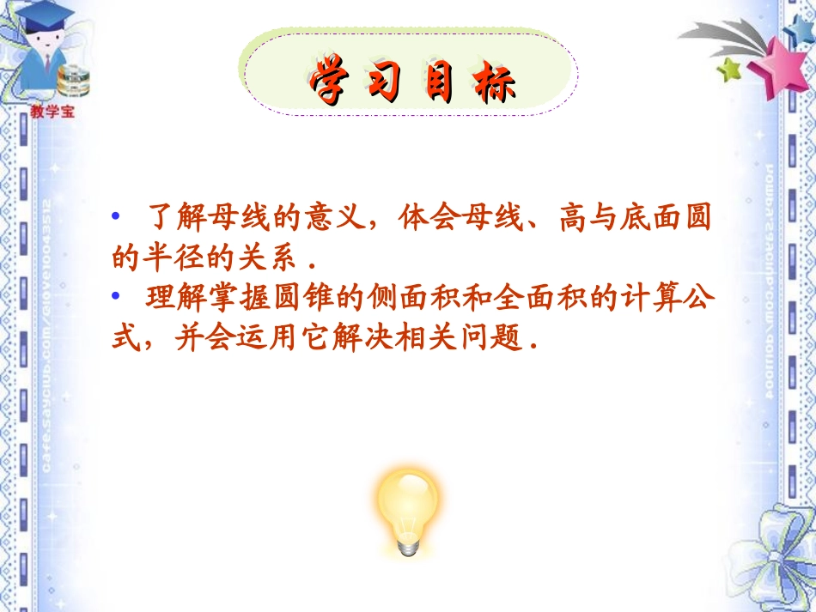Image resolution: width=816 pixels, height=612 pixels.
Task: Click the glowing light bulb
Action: point(408,506)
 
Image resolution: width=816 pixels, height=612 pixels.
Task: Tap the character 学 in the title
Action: point(328,82)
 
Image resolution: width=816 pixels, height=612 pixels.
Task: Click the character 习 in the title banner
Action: point(383,82)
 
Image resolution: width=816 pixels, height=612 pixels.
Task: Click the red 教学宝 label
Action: point(52,111)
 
